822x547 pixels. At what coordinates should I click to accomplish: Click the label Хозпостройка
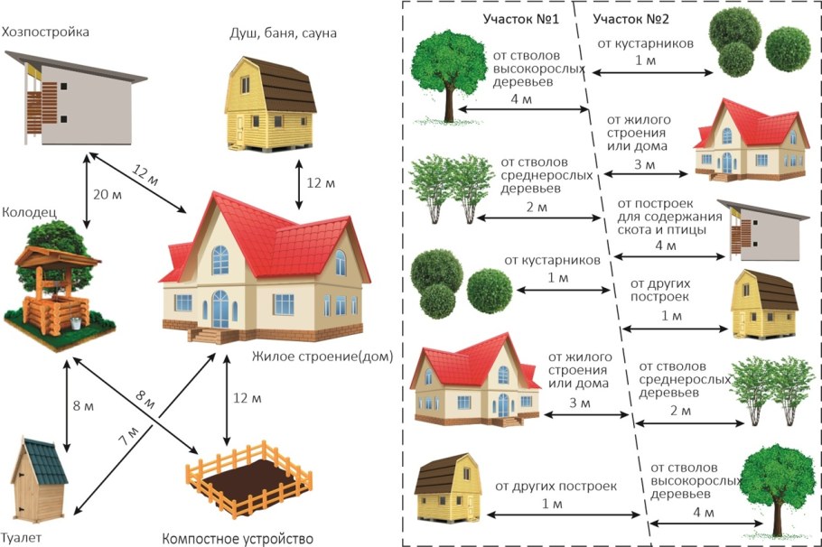(x=45, y=32)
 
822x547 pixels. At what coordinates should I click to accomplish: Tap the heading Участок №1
(x=520, y=19)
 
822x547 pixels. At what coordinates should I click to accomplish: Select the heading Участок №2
(x=631, y=19)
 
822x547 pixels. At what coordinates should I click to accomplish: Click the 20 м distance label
(x=107, y=194)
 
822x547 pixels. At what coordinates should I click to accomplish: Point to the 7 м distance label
(x=128, y=436)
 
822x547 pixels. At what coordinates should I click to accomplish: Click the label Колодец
(x=29, y=212)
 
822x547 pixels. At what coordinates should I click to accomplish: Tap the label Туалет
(x=21, y=538)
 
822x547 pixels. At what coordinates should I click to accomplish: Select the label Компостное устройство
(x=238, y=539)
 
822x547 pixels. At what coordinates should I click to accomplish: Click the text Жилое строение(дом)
(x=322, y=357)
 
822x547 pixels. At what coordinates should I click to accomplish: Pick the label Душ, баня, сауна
(x=283, y=33)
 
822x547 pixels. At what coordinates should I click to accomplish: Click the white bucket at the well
(x=76, y=323)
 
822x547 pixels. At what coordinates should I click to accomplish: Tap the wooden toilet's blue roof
(x=46, y=461)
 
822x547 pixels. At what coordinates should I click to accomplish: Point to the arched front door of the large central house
(x=220, y=310)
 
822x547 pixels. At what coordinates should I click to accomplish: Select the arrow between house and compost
(x=227, y=400)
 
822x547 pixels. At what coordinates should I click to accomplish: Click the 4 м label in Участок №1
(x=521, y=98)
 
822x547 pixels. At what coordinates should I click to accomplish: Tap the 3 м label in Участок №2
(x=644, y=164)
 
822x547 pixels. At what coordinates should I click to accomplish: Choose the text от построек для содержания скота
(x=669, y=217)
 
